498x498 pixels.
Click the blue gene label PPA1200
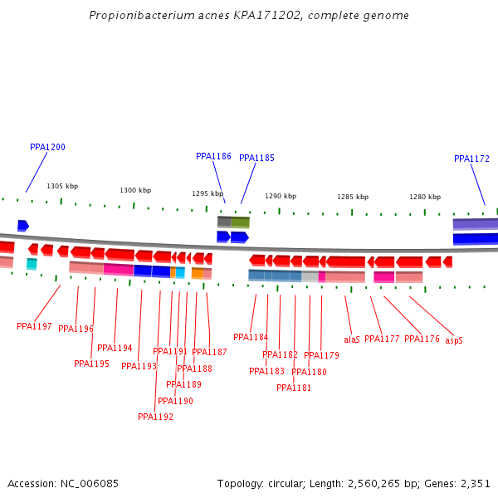47,147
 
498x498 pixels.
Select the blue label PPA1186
213,156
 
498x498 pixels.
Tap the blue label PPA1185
256,158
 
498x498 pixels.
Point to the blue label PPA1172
471,159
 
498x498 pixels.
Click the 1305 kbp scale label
62,187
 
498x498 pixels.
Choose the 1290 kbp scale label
281,196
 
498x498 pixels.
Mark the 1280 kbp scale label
425,197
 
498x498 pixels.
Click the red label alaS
352,339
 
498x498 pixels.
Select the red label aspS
454,340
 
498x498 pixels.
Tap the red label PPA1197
34,326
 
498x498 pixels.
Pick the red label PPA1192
155,417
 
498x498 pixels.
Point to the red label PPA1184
251,337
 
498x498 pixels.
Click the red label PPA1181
294,388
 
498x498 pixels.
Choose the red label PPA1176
422,339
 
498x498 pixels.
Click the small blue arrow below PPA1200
23,226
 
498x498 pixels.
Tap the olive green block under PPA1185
240,222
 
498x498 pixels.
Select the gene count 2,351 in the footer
474,483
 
